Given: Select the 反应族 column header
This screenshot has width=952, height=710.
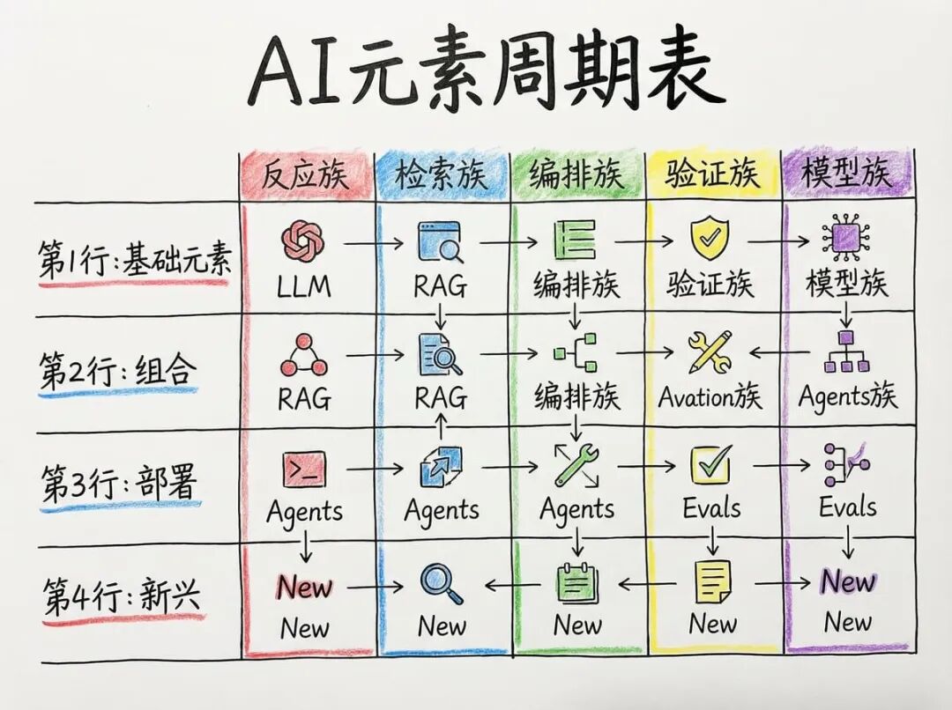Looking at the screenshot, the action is [305, 175].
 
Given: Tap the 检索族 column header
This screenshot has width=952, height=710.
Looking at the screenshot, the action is [441, 175].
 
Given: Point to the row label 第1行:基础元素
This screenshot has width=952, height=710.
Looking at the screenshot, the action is [135, 261].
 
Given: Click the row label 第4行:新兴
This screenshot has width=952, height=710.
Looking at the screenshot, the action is [121, 597].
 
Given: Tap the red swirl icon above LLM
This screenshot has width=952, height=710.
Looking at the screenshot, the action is [303, 240].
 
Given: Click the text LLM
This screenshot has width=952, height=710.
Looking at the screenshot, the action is [304, 285].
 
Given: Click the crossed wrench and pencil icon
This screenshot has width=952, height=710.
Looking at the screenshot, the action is [710, 351].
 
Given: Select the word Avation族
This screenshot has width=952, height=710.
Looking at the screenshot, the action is [710, 397].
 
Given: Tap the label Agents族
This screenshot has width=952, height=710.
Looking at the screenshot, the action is [847, 396].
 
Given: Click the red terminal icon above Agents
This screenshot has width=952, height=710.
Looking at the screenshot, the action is [303, 469].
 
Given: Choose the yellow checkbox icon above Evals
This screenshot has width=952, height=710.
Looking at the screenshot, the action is [711, 464].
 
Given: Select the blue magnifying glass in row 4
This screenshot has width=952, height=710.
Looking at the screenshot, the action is [441, 583].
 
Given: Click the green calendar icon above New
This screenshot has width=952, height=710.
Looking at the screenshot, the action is [577, 582].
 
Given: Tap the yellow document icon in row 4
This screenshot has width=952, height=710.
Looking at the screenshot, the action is [712, 582].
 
